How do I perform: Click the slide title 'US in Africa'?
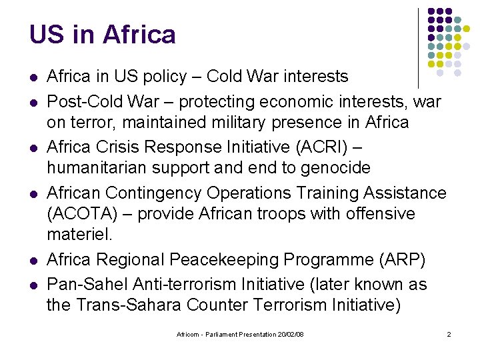click(x=103, y=35)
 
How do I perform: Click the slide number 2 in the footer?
click(x=449, y=334)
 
